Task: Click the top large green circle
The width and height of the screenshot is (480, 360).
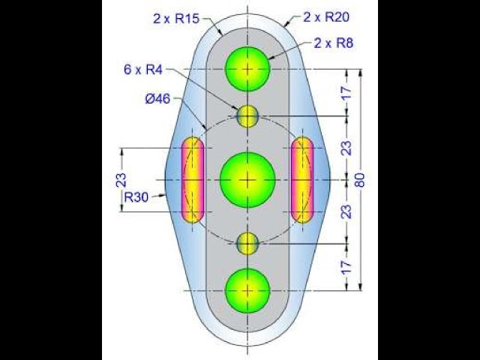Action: [247, 68]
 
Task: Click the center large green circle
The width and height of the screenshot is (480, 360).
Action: [247, 180]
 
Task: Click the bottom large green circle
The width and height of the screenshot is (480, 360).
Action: [247, 289]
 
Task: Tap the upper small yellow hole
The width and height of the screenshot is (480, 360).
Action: [247, 116]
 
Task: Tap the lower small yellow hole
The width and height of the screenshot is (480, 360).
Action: [247, 243]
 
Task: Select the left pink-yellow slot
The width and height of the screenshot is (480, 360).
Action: [193, 179]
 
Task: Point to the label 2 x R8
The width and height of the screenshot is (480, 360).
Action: [333, 43]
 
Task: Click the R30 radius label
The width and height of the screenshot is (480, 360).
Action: [136, 198]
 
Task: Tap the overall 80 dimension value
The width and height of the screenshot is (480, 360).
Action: [367, 180]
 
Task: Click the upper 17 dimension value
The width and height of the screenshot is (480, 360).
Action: [346, 93]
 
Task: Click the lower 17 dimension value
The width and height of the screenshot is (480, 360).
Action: [346, 266]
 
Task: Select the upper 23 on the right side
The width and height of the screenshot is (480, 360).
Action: [346, 148]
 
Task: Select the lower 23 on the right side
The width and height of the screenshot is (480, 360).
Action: [346, 211]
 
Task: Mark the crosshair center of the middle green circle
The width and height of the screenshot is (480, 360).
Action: [247, 180]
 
